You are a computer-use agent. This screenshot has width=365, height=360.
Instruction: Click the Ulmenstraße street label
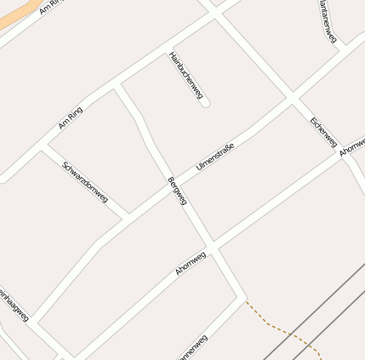coord(214,157)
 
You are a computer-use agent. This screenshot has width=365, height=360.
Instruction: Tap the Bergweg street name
coord(177,191)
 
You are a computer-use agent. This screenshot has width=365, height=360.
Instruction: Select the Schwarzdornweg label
coord(85,180)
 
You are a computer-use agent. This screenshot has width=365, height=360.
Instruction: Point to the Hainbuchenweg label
coord(185,76)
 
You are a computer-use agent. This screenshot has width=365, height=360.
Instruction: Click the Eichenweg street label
coord(323,132)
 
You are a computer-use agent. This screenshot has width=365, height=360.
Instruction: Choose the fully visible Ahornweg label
coord(191,262)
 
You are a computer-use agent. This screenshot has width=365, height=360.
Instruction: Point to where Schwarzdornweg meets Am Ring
coord(41,150)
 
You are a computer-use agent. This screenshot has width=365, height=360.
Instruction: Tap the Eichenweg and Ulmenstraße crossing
coord(292,99)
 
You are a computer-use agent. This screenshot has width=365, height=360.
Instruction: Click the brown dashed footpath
coord(281,328)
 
